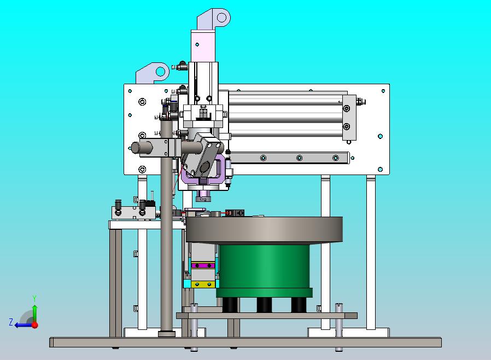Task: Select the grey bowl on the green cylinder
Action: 264,230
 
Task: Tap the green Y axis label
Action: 34,298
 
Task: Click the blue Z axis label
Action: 11,322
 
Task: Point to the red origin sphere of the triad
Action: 35,325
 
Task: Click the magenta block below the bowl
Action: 203,266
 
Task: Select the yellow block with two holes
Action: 203,284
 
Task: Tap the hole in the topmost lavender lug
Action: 221,17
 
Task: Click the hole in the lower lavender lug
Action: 160,72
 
